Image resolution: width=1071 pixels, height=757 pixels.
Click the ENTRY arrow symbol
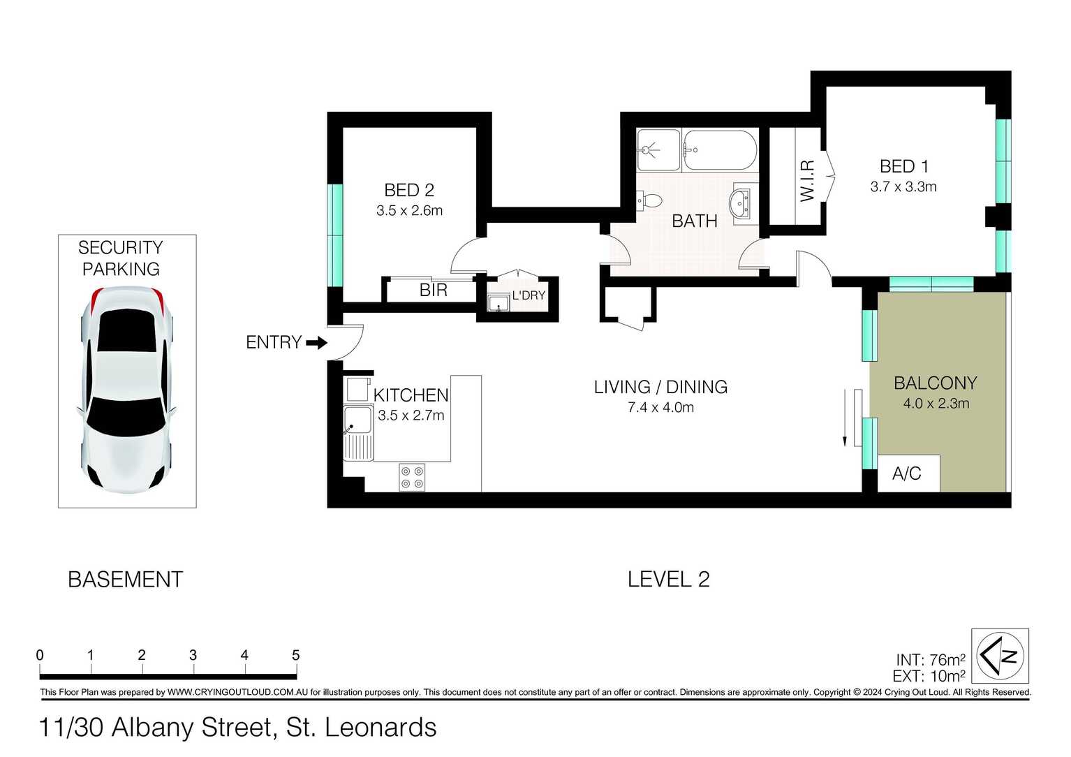(317, 343)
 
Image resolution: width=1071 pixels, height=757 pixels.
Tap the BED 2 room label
(409, 190)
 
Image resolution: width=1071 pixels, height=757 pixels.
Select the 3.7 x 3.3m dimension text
(903, 186)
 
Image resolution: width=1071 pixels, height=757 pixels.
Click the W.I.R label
(807, 180)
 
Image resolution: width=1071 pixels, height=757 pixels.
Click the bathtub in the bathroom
(719, 150)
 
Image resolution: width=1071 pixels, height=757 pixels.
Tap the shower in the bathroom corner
(658, 150)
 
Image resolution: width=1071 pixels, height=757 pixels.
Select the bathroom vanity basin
(741, 204)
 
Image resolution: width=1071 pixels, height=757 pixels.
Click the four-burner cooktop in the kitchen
(412, 477)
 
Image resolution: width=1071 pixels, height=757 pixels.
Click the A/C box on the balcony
(908, 473)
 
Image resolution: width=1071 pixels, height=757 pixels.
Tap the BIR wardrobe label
(433, 291)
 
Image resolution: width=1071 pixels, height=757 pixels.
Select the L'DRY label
(529, 295)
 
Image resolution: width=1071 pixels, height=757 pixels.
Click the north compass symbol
(1002, 656)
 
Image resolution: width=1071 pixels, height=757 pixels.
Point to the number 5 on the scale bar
(295, 655)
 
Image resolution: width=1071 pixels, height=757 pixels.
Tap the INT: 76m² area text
(931, 660)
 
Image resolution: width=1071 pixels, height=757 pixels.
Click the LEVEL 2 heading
(668, 579)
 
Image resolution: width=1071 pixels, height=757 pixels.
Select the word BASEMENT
(126, 580)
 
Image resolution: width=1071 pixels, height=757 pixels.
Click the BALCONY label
(935, 383)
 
